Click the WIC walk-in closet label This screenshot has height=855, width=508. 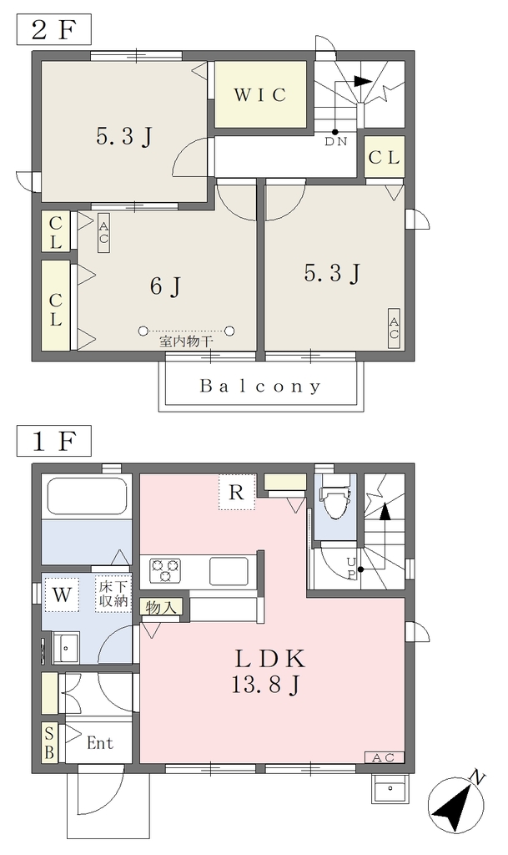(260, 95)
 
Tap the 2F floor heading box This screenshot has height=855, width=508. (53, 30)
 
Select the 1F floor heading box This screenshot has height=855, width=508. (53, 441)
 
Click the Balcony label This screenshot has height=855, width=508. (260, 387)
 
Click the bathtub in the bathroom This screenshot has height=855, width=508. (87, 496)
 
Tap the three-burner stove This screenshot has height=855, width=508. (165, 571)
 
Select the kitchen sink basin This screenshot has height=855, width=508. (229, 571)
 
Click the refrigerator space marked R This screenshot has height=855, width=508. (236, 492)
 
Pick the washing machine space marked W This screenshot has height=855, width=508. (62, 594)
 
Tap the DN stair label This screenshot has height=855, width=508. (336, 141)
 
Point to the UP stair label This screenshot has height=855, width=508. (351, 568)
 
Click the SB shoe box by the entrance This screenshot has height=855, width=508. (49, 742)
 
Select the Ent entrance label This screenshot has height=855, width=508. (100, 742)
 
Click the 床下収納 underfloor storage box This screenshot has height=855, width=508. (113, 594)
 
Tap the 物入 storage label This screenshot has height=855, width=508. (161, 608)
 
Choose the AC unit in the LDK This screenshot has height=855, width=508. (384, 757)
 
